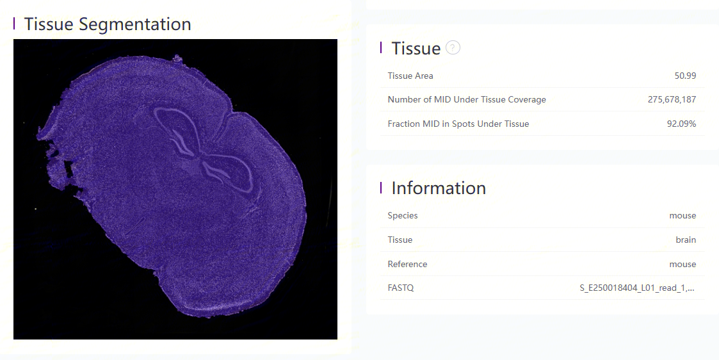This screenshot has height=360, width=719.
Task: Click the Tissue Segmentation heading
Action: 108,24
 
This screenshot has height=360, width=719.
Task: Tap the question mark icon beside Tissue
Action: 453,47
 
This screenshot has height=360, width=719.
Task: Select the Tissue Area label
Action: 410,76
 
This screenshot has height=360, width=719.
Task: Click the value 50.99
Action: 685,76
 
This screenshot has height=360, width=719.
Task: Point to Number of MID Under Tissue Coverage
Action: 467,99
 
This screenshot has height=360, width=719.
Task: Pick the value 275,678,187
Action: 672,99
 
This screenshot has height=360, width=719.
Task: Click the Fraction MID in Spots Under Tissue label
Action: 458,124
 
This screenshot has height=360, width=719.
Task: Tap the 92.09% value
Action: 681,124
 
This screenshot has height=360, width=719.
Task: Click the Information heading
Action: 439,188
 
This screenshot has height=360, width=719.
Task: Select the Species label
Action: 403,215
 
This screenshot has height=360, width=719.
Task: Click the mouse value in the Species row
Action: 683,215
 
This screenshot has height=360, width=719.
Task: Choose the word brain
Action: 686,240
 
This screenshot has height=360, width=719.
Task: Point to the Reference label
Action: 407,264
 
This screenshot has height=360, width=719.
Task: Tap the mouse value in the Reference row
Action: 683,264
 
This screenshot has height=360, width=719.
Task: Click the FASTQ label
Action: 400,288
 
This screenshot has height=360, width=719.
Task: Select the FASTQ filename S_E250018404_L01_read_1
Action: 637,288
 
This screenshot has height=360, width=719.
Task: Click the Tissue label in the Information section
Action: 400,240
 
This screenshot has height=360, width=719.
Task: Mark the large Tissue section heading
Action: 416,48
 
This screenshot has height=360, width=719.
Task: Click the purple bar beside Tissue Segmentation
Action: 14,23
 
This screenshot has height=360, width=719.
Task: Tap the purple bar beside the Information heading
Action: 381,187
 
